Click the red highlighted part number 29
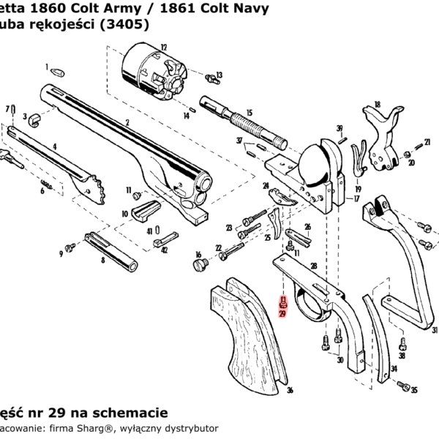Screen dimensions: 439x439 283,312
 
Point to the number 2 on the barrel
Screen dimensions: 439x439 127,122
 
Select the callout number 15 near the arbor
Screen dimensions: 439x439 249,113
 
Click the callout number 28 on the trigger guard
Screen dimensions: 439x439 313,266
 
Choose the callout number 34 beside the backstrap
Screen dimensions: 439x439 394,369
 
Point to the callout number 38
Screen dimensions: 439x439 402,356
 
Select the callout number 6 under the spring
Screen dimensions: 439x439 42,191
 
